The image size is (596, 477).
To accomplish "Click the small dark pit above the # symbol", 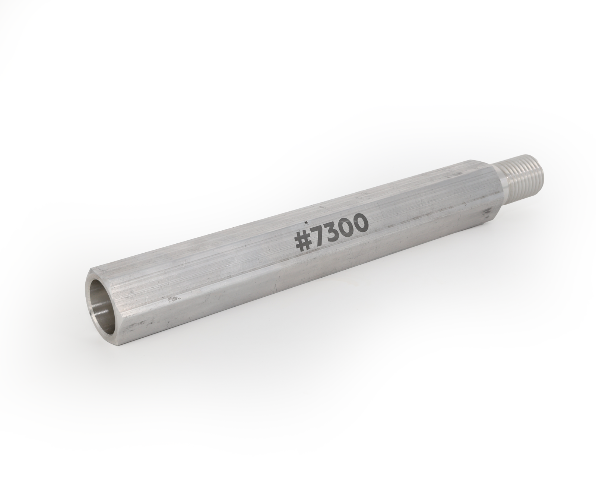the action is (306, 222).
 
